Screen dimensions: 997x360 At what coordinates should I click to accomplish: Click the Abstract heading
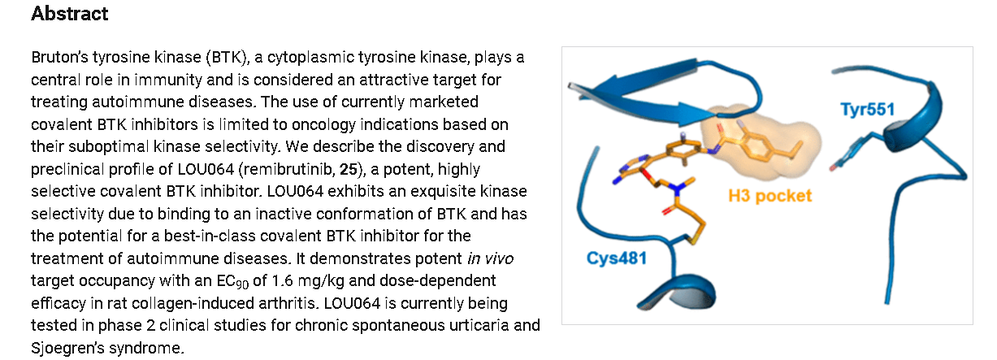click(69, 14)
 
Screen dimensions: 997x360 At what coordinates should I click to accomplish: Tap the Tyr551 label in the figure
click(868, 110)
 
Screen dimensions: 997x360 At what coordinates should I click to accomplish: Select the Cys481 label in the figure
click(617, 258)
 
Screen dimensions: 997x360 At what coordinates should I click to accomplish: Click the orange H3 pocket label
click(770, 196)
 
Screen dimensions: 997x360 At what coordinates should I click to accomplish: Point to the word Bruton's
click(59, 58)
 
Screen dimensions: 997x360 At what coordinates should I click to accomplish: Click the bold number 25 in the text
click(349, 169)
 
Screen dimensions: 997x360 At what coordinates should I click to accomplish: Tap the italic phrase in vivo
click(491, 258)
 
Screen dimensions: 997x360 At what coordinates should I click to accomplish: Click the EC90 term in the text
click(232, 281)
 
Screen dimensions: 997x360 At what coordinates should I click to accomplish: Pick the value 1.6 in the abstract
click(282, 281)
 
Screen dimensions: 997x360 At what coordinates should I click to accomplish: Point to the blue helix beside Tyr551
click(915, 119)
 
